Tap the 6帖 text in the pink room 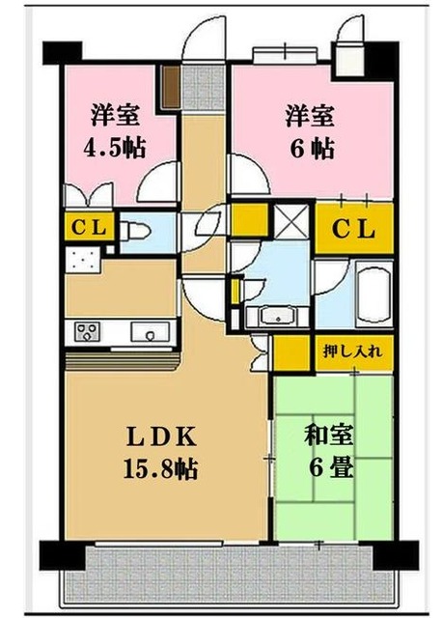click(x=308, y=149)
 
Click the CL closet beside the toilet click(x=90, y=228)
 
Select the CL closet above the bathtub click(x=354, y=231)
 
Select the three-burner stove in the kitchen click(x=86, y=333)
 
